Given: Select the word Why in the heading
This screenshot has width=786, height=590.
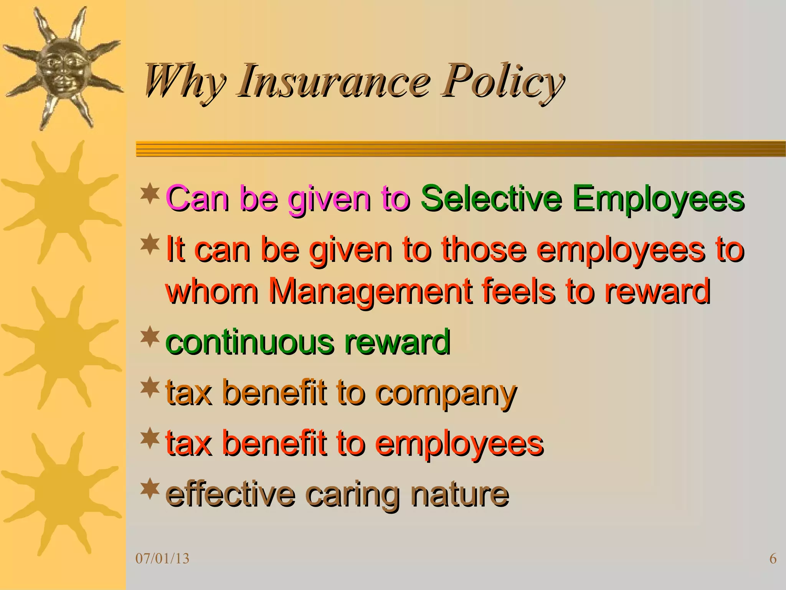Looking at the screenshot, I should click(184, 81).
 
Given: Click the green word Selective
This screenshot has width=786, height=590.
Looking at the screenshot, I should click(491, 199).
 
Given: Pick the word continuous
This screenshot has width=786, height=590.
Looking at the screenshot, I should click(249, 342).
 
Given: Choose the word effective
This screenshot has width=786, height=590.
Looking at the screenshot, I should click(230, 495).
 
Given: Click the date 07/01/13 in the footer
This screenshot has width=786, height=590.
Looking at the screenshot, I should click(163, 559).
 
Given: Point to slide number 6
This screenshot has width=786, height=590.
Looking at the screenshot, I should click(773, 559).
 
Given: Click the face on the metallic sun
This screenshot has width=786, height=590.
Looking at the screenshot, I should click(61, 69).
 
